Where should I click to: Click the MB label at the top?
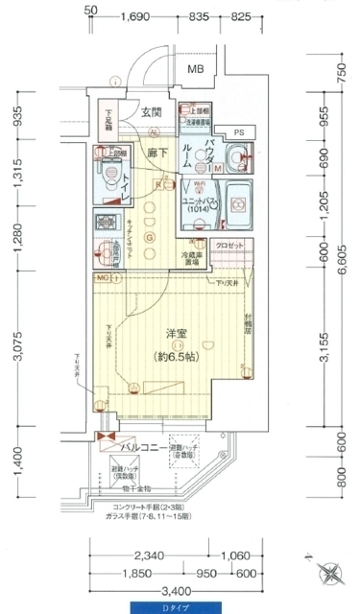tap(196, 69)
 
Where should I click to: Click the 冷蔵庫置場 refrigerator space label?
tap(197, 256)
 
